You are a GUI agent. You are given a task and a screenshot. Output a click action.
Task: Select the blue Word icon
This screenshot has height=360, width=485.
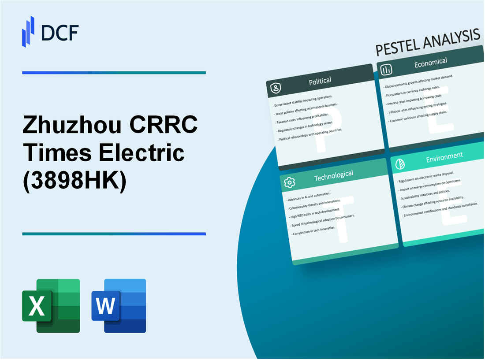[119, 305]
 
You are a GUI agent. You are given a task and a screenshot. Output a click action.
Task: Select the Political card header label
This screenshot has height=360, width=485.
[321, 81]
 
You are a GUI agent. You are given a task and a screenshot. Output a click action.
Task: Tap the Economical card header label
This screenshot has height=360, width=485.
[430, 62]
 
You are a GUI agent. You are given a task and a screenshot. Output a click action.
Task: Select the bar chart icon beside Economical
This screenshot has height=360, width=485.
[387, 70]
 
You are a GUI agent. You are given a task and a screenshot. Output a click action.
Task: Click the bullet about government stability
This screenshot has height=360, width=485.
[303, 101]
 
